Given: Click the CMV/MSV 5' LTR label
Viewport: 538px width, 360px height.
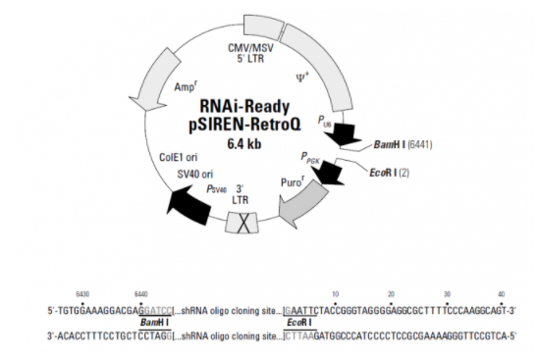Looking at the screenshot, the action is pyautogui.click(x=250, y=53).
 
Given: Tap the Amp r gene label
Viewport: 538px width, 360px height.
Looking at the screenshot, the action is pyautogui.click(x=186, y=86).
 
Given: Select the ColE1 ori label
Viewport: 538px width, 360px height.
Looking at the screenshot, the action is pyautogui.click(x=178, y=157).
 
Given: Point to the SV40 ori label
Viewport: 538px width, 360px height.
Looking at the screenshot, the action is pyautogui.click(x=195, y=175).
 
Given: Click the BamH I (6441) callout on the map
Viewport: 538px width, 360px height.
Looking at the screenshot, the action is pyautogui.click(x=403, y=144).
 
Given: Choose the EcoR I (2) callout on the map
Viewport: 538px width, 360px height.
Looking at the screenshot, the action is pyautogui.click(x=389, y=173).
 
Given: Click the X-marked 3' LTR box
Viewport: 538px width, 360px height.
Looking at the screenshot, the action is pyautogui.click(x=242, y=223).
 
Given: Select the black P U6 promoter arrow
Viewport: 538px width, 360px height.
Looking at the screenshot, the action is pyautogui.click(x=345, y=134).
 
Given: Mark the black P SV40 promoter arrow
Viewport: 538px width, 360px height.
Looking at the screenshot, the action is pyautogui.click(x=189, y=205).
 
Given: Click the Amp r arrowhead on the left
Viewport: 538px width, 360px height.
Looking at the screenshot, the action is pyautogui.click(x=146, y=103).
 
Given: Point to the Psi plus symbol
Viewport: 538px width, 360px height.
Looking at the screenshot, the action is pyautogui.click(x=302, y=77).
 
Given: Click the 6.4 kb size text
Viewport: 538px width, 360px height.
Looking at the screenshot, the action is pyautogui.click(x=244, y=143).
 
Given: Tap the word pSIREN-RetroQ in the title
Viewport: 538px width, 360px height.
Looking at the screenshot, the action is pyautogui.click(x=244, y=125).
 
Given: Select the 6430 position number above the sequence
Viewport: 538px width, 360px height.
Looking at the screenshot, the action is pyautogui.click(x=82, y=294).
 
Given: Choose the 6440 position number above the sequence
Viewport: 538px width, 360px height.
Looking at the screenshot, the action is pyautogui.click(x=141, y=294).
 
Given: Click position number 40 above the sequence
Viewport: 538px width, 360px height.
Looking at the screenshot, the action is pyautogui.click(x=502, y=294).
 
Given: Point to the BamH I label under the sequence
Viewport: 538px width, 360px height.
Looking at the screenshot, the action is pyautogui.click(x=154, y=323).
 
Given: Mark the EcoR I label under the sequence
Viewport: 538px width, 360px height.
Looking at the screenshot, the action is pyautogui.click(x=299, y=323).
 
